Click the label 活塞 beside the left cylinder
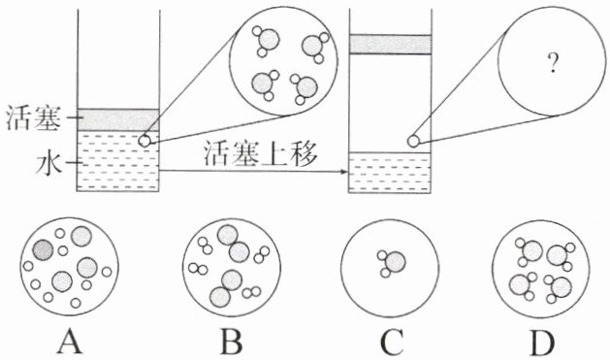[x=33, y=118]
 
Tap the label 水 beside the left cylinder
[x=49, y=164]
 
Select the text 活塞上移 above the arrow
[x=261, y=154]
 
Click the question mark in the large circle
[x=552, y=63]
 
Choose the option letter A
[x=70, y=341]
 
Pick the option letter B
[x=232, y=341]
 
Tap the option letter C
[x=392, y=341]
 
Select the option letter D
[x=543, y=341]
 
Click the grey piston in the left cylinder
[x=118, y=120]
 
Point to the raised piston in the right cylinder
[x=390, y=44]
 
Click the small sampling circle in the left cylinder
[x=144, y=141]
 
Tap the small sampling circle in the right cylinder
[x=413, y=141]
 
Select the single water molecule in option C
[x=391, y=262]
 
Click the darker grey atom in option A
[x=43, y=249]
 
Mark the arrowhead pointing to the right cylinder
[x=343, y=172]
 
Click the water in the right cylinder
[x=390, y=173]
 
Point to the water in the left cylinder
[x=118, y=161]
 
